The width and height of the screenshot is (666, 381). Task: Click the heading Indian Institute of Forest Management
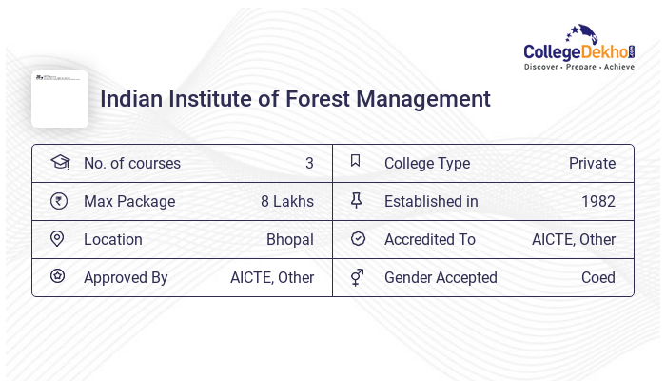pos(295,99)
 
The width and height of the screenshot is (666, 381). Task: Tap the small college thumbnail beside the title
pos(59,99)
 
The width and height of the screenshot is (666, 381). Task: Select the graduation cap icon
pos(59,163)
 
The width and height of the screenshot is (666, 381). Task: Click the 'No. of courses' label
pos(131,163)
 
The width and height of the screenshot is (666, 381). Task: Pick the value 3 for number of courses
pos(309,163)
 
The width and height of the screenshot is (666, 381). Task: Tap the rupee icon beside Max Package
pos(59,201)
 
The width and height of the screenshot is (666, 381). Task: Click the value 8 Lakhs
pos(286,201)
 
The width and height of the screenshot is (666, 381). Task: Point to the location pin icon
pos(57,239)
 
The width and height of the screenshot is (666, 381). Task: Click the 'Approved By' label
pos(126,277)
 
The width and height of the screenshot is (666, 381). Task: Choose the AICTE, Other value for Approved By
pos(271,277)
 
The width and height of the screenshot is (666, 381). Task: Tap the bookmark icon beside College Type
pos(356,162)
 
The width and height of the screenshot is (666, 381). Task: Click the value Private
pos(592,163)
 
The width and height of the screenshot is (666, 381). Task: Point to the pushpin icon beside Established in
pos(357,201)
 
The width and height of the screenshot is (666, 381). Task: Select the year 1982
pos(597,201)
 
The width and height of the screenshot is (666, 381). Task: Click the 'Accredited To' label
pos(429,239)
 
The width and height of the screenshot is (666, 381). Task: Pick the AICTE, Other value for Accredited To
pos(573,239)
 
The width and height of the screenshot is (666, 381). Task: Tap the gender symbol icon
pos(357,277)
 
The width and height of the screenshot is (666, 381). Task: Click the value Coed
pos(597,277)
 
